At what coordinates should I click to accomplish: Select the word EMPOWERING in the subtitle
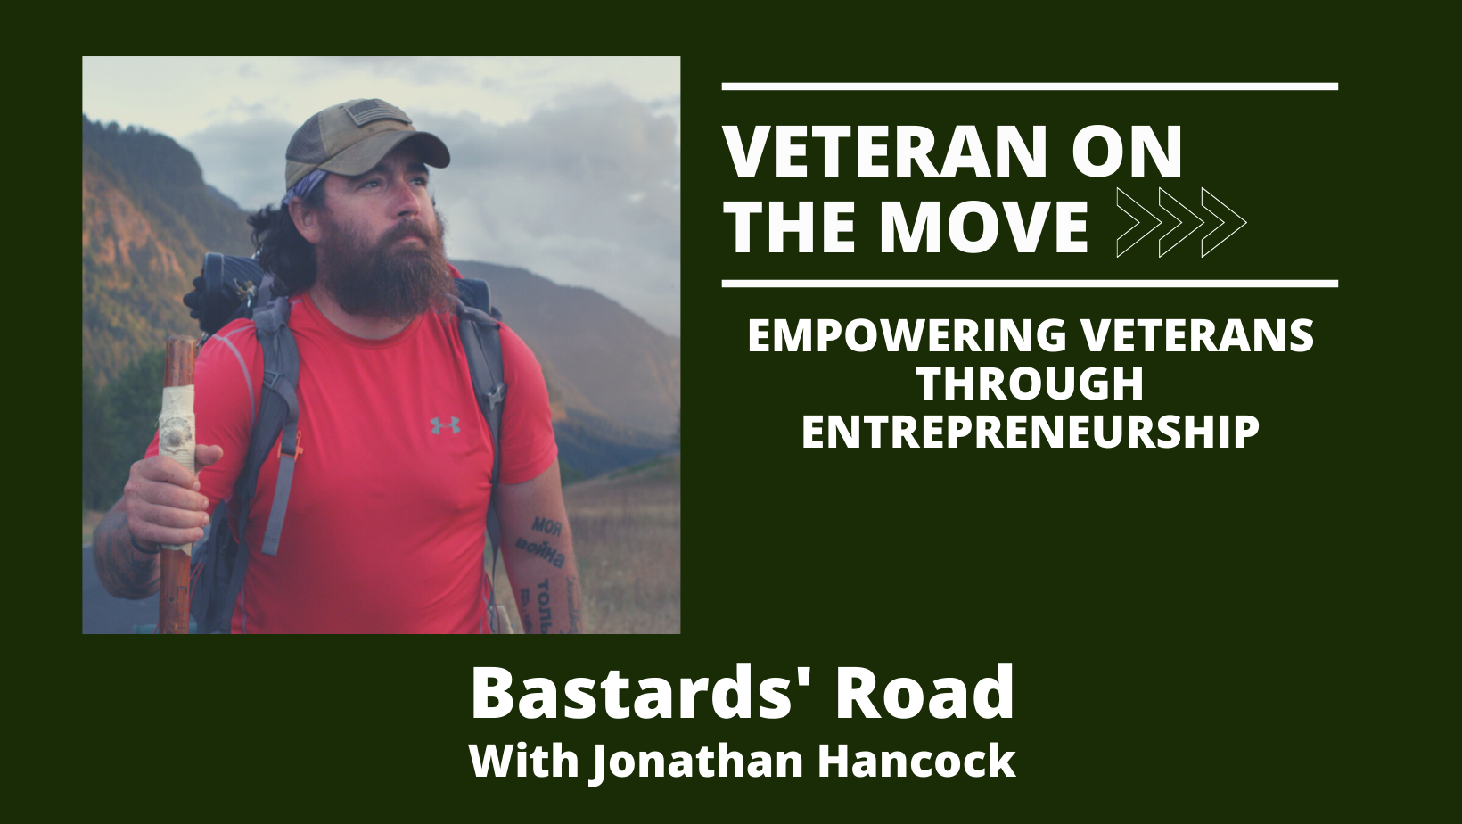[x=908, y=335]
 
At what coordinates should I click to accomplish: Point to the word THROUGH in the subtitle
[x=1031, y=383]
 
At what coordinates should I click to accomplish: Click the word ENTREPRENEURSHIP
[x=1031, y=432]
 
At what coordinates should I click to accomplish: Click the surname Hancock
[x=917, y=762]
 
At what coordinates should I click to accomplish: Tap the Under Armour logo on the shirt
[x=445, y=425]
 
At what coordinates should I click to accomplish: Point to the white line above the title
[x=1030, y=87]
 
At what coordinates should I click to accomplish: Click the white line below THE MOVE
[x=1030, y=284]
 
